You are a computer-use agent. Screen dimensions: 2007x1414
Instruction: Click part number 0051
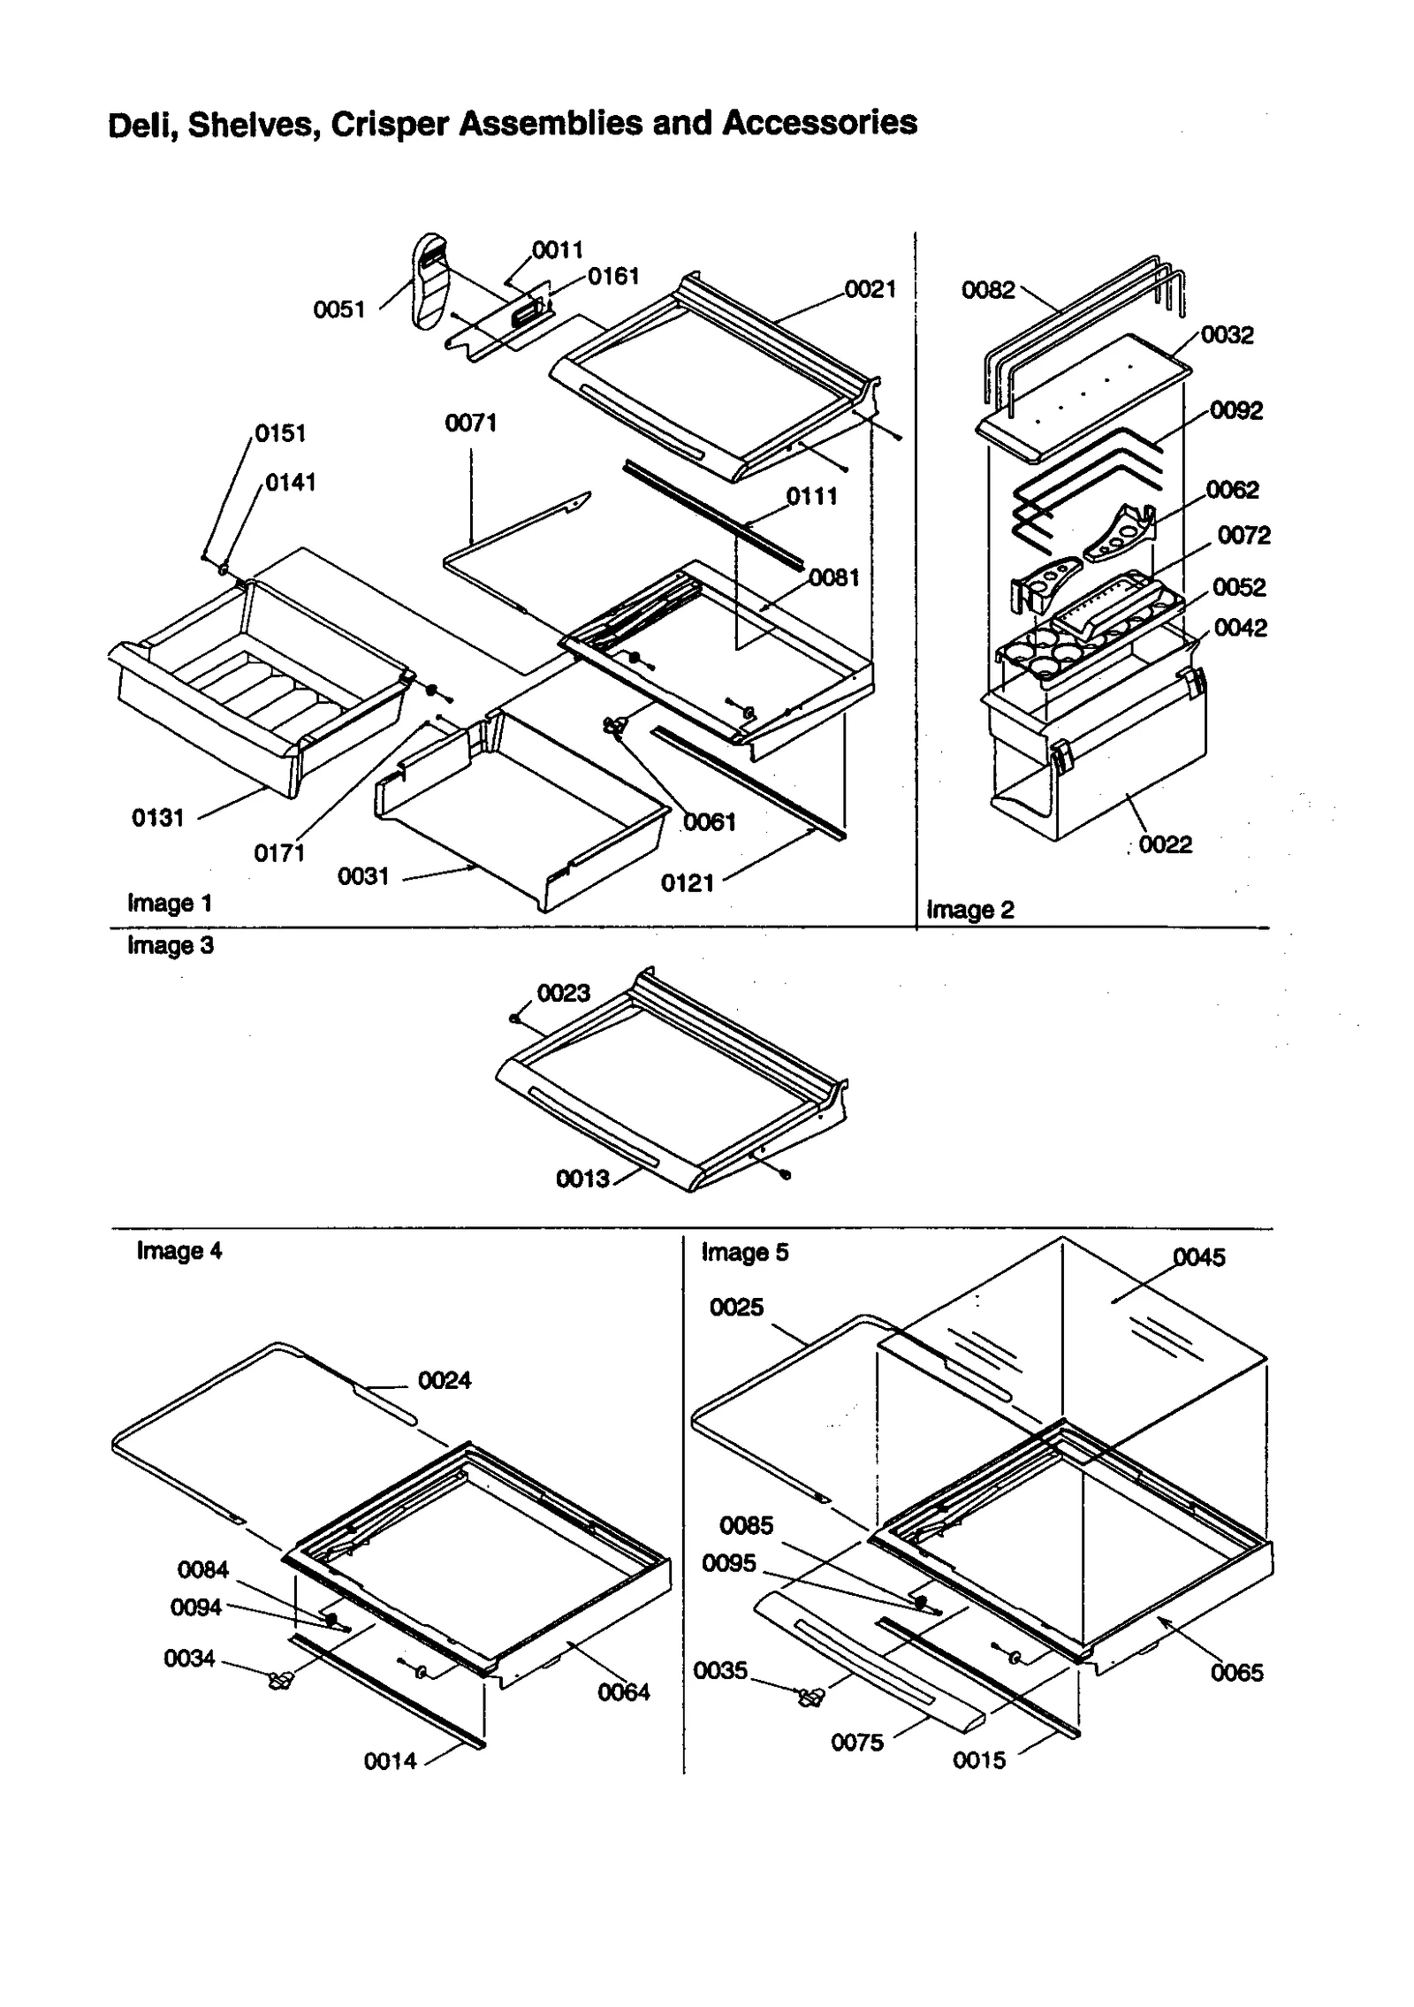pos(338,309)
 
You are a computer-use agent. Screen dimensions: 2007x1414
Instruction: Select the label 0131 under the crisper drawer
pos(157,818)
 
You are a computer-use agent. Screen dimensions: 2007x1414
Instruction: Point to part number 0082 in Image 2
pos(987,290)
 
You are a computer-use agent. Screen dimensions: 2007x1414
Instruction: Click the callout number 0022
pos(1165,844)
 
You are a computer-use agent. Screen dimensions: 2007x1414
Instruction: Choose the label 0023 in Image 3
pos(563,993)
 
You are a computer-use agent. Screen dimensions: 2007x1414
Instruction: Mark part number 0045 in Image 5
pos(1198,1257)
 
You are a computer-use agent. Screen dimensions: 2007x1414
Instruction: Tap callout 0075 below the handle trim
pos(856,1743)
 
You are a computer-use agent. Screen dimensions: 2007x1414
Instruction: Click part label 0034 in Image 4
pos(189,1659)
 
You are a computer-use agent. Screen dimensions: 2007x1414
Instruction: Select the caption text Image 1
pos(170,903)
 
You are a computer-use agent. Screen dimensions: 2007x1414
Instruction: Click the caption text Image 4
pos(179,1251)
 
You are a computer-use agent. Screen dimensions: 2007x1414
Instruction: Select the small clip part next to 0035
pos(809,1697)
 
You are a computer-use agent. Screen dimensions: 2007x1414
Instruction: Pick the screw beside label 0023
pos(513,1018)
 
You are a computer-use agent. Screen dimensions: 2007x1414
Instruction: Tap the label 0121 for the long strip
pos(687,882)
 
